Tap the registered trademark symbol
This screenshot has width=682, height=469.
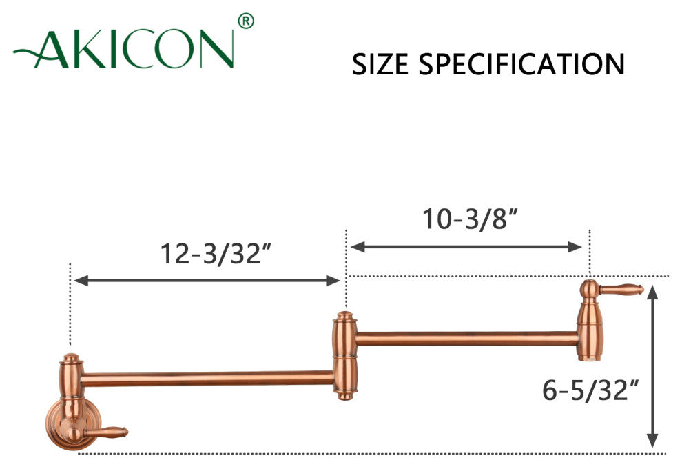(x=246, y=21)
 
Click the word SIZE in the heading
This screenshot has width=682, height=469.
(x=380, y=64)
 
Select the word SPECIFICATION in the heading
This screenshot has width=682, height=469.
(x=521, y=64)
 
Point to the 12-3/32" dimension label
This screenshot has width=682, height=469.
(x=216, y=253)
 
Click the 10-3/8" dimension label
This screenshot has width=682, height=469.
(x=471, y=219)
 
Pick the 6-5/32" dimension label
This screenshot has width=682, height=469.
(x=590, y=390)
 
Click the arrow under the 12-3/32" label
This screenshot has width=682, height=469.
(x=207, y=281)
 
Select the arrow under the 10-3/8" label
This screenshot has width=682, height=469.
(x=466, y=247)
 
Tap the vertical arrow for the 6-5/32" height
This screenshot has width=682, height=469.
(x=652, y=367)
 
